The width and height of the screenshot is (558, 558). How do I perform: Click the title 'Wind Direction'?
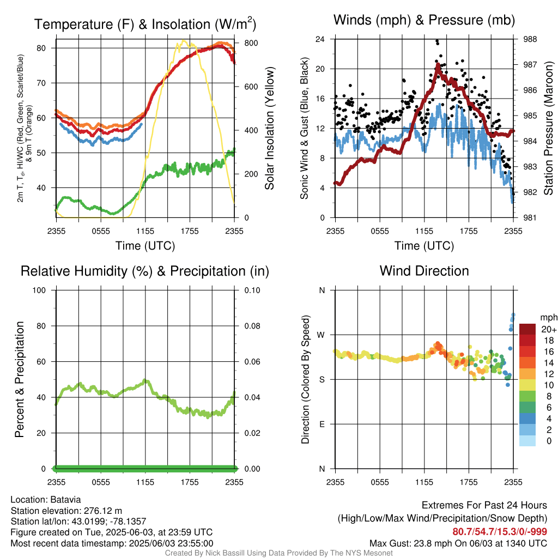coord(424,271)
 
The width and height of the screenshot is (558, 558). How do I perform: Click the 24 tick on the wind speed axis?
coord(320,39)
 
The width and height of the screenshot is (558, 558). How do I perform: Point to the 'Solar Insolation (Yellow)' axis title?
coord(270,129)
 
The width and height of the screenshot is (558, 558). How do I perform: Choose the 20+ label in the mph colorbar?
coord(549,329)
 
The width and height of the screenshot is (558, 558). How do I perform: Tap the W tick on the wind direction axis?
coord(322,335)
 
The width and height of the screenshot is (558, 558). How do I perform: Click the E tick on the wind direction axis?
coord(322,424)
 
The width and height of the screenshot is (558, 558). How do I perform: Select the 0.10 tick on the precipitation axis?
coord(251,290)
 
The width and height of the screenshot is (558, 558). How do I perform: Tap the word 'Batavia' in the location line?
coord(66,499)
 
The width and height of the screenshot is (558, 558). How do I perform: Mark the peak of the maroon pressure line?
coord(438,65)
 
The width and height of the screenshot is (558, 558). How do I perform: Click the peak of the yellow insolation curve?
coord(184,41)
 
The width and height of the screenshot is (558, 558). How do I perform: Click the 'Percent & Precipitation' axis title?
coord(20,379)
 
